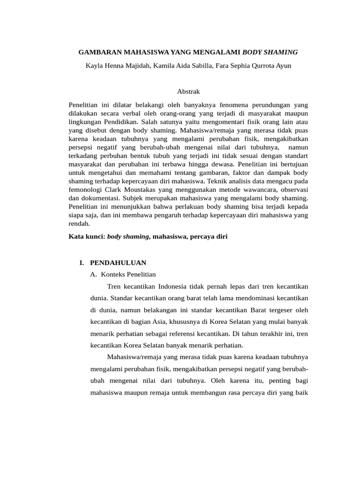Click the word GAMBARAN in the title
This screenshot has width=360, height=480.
93,52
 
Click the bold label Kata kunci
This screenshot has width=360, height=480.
87,237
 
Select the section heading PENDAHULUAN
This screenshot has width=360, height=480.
118,262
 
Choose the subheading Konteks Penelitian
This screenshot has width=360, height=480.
128,274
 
